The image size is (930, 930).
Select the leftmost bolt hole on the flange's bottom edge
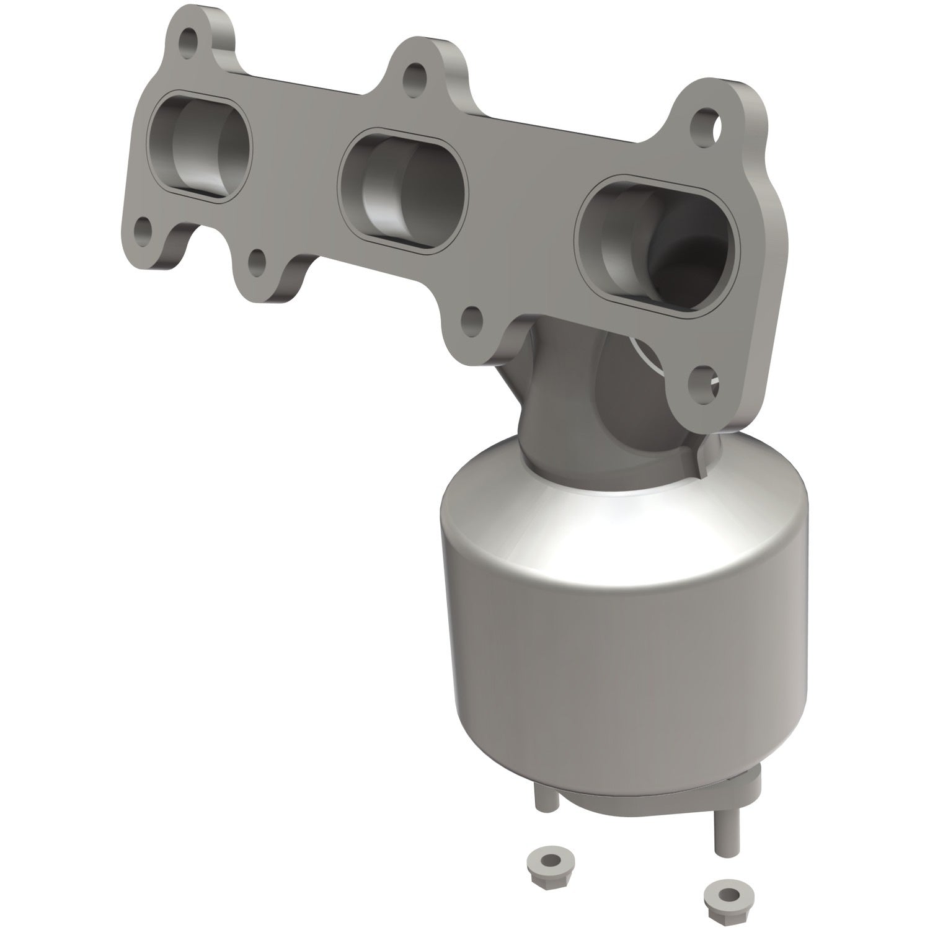tap(144, 230)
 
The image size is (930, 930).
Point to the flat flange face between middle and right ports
tap(521, 205)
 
